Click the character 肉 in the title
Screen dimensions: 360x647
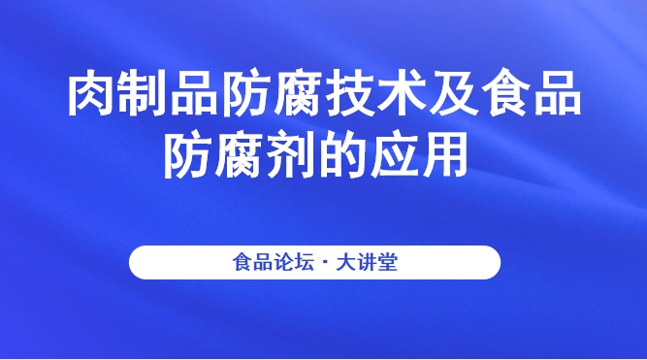click(91, 98)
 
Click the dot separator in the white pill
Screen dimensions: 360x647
click(323, 263)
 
